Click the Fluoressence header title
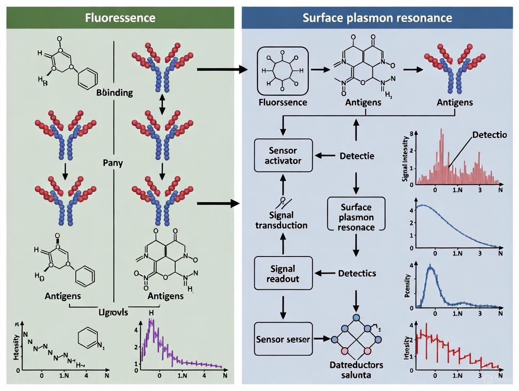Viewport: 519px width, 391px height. point(120,18)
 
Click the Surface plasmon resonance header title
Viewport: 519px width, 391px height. point(377,18)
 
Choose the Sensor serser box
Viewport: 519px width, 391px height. point(283,339)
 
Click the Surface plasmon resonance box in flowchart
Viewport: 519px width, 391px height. point(356,217)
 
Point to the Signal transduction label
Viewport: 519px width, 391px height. point(281,220)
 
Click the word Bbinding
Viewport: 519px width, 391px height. point(114,92)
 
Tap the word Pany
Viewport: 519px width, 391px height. point(113,163)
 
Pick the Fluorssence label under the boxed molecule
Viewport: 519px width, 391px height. point(282,102)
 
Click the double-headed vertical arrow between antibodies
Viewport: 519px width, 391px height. point(162,104)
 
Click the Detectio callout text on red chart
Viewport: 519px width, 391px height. point(489,135)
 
